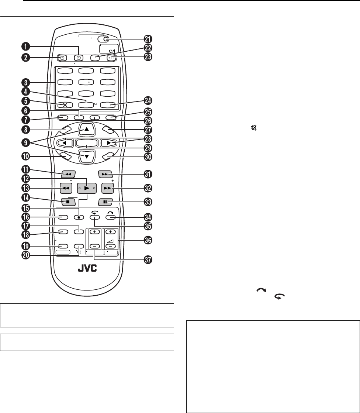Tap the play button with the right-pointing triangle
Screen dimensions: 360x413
click(x=87, y=188)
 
